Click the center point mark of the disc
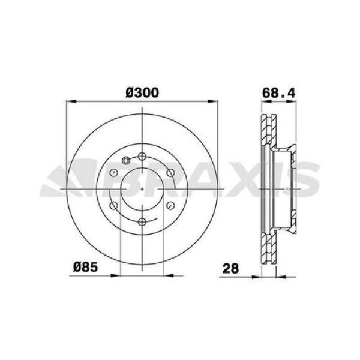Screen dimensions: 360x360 tap(142, 190)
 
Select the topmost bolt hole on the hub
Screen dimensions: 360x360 tap(142, 157)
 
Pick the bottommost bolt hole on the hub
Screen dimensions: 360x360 tap(142, 222)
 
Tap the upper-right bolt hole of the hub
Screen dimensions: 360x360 tap(170, 173)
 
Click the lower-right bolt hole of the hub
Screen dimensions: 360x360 tap(170, 206)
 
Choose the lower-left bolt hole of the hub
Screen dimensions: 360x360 tap(113, 206)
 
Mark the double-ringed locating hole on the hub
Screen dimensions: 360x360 tap(125, 160)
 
